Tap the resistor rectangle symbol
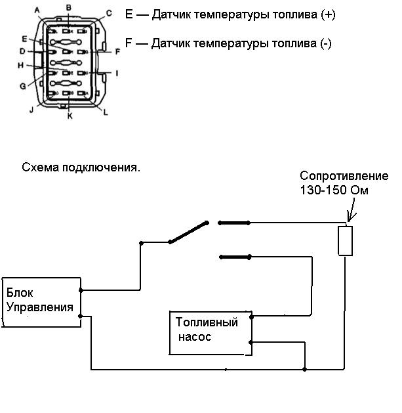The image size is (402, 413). [x=345, y=240]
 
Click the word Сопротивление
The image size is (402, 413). [x=344, y=176]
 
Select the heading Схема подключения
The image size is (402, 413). [x=81, y=167]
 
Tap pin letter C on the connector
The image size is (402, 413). [x=109, y=12]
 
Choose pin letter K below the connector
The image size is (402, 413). [x=69, y=116]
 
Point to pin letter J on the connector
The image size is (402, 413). [x=30, y=110]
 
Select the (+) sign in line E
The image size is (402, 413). [x=329, y=14]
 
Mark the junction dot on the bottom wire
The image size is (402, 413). [x=304, y=369]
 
